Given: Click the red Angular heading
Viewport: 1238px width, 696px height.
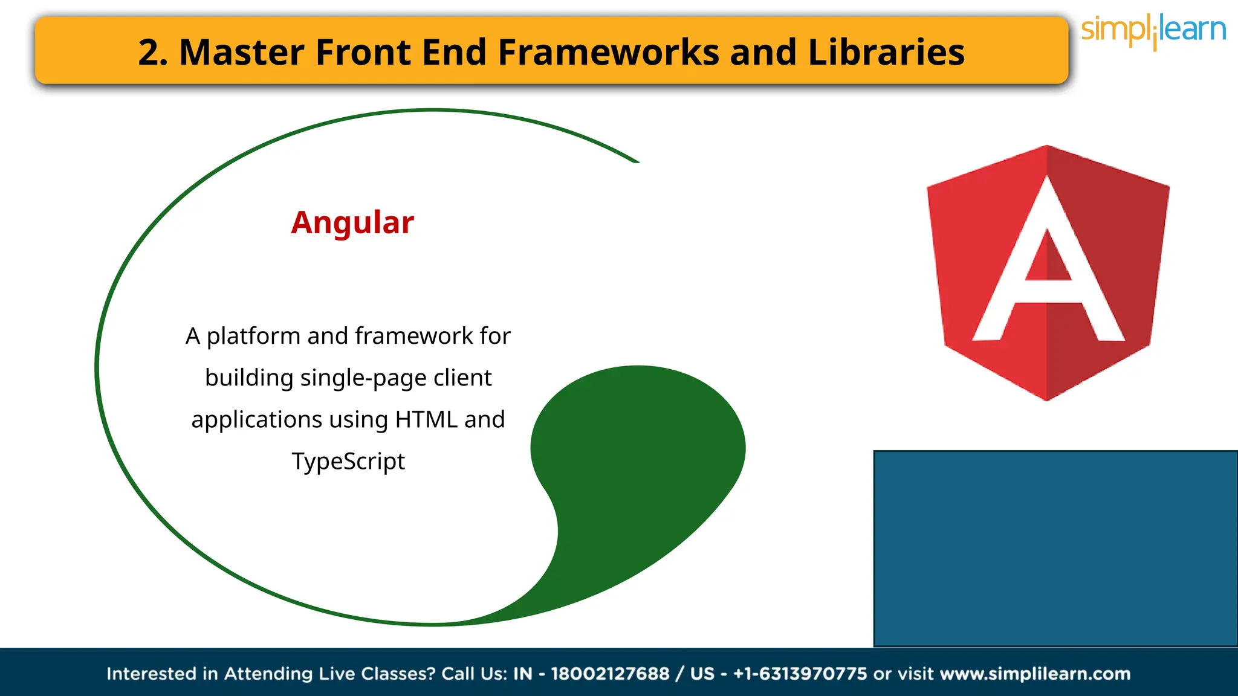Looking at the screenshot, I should pos(352,223).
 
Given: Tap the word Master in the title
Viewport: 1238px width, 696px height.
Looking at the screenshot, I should pos(241,52).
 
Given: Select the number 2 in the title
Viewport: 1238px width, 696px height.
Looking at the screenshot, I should pos(149,53).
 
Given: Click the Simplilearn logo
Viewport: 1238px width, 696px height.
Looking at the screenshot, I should pos(1153,30).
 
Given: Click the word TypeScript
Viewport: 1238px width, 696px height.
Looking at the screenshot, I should pos(348,462).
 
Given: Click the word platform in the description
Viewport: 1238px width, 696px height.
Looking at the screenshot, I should pos(253,337).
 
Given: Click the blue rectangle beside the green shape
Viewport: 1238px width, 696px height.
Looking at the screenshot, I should pos(1055,548).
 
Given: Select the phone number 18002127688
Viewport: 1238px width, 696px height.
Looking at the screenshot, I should pos(610,674).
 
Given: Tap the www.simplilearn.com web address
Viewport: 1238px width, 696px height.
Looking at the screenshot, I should pos(1035,674).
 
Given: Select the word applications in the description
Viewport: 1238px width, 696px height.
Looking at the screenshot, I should pos(256,420).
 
